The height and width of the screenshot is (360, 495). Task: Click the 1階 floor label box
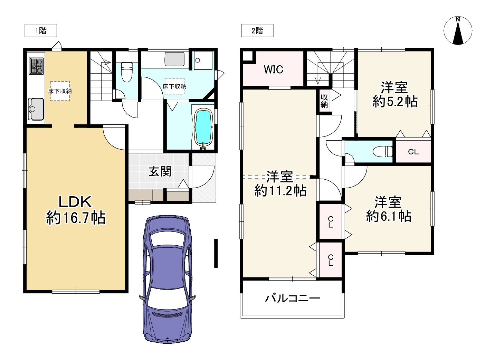point(40,31)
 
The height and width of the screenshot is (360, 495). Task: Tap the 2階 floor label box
point(257,31)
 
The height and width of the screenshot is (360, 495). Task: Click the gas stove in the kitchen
point(36,66)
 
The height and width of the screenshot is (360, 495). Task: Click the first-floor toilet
point(127,72)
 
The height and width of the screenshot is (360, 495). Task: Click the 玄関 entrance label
point(160,171)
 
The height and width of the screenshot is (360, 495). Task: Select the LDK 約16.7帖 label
point(76,210)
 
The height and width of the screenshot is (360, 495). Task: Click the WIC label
point(273,69)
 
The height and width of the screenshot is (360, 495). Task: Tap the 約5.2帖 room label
point(394,94)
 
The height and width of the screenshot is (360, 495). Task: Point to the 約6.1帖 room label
point(388,209)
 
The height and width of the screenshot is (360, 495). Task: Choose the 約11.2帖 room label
point(280,184)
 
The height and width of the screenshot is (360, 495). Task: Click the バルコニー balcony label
point(292,298)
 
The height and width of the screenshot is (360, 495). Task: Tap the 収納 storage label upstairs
point(324,101)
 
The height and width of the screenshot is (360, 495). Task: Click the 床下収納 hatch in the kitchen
point(60,91)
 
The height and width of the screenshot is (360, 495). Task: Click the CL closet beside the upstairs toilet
point(413,152)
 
